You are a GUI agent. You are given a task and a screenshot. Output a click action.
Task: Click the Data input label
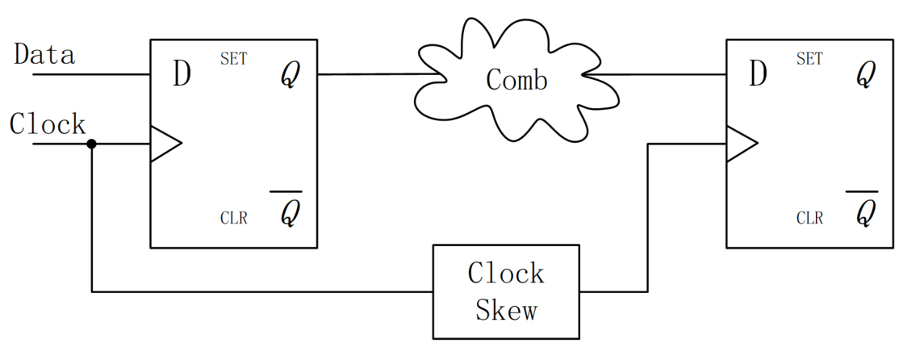45,55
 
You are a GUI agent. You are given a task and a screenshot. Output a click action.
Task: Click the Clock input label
48,124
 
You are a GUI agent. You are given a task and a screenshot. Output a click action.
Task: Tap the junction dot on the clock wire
91,144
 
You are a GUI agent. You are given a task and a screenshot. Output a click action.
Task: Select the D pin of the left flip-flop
182,74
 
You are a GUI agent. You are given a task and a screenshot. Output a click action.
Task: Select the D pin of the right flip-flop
758,74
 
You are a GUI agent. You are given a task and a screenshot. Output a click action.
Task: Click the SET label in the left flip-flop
233,59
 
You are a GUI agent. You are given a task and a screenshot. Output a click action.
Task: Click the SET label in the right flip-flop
809,59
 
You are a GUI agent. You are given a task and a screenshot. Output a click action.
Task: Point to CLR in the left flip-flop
233,218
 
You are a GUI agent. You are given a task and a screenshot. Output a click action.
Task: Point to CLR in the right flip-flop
809,218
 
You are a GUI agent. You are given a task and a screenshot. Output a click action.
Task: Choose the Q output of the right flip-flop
865,76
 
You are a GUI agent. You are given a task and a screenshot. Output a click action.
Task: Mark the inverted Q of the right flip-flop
865,211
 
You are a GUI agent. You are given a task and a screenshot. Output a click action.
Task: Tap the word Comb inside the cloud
516,80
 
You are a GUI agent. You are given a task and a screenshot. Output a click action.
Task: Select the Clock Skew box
506,291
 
